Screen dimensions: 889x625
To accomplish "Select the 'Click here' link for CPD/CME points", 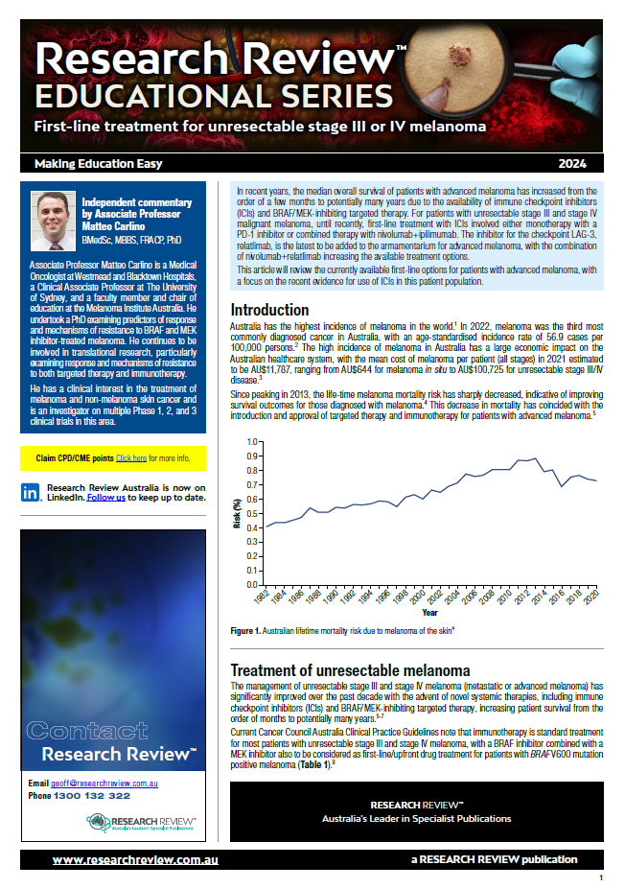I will [x=131, y=458].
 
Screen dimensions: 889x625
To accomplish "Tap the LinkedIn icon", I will [x=30, y=493].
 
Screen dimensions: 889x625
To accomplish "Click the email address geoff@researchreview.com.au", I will [x=105, y=784].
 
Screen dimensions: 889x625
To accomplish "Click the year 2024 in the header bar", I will [x=584, y=163].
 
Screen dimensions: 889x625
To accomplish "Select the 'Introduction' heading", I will [x=269, y=310].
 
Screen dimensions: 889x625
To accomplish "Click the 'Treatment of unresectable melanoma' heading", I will [x=350, y=669].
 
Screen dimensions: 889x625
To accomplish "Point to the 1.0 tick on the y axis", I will [x=252, y=442].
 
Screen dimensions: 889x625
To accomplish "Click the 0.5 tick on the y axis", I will [x=252, y=513].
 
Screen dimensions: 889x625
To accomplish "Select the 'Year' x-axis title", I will [x=429, y=612].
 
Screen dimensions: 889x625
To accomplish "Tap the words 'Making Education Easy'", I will [x=98, y=163].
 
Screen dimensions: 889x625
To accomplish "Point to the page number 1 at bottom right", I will [x=600, y=878].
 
